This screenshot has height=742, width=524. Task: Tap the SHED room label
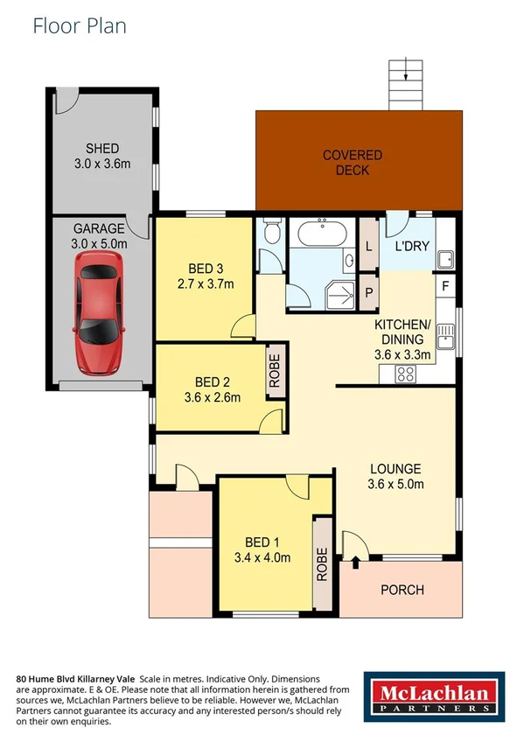click(102, 149)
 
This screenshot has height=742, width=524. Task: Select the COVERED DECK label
click(353, 163)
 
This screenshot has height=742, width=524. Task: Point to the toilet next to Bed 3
click(270, 233)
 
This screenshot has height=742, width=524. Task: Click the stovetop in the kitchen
click(406, 374)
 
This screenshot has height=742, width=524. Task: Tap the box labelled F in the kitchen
click(445, 286)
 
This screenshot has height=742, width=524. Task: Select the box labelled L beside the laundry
click(368, 247)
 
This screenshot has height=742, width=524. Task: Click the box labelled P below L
click(368, 292)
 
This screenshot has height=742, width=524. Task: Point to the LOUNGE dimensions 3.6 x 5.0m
click(395, 484)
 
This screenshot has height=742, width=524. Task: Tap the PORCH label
click(402, 590)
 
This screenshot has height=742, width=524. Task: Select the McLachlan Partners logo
click(434, 697)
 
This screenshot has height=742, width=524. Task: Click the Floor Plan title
click(80, 25)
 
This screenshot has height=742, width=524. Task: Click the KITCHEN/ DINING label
click(401, 332)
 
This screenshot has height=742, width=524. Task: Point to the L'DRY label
click(412, 246)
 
